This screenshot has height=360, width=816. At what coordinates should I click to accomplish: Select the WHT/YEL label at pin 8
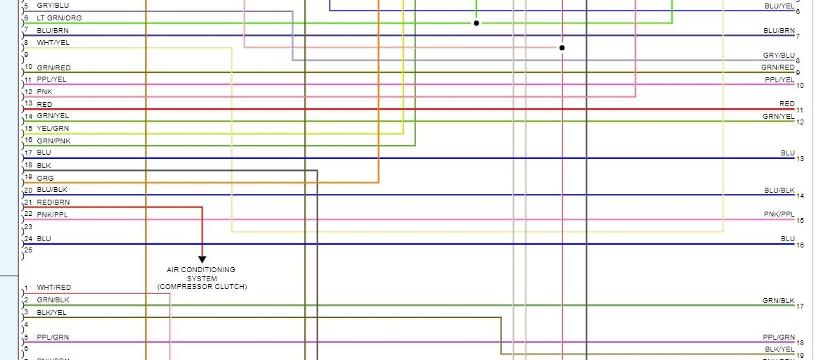[x=53, y=43]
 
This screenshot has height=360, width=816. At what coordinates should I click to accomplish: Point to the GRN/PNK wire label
[x=53, y=141]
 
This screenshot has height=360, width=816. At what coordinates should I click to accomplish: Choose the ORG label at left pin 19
[x=45, y=178]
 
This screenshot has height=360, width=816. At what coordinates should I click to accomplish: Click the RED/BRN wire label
[x=53, y=202]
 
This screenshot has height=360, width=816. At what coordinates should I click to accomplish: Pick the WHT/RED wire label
[x=54, y=288]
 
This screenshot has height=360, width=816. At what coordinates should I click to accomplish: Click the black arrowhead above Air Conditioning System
[x=202, y=259]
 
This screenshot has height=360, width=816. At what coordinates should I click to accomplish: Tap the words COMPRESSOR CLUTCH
[x=202, y=287]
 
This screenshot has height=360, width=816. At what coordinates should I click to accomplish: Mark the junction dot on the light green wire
[x=476, y=23]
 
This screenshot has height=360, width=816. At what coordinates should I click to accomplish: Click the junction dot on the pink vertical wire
[x=562, y=48]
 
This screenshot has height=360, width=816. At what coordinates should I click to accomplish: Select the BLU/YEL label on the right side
[x=779, y=6]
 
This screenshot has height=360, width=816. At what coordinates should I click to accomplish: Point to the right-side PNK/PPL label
[x=779, y=214]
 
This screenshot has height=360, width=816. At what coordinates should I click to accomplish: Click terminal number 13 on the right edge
[x=800, y=159]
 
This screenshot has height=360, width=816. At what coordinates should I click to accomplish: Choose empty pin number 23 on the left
[x=27, y=226]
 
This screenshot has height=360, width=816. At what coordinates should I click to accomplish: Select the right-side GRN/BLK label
[x=779, y=300]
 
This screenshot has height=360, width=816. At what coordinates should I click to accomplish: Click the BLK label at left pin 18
[x=44, y=165]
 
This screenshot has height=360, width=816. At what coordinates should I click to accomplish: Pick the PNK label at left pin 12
[x=44, y=91]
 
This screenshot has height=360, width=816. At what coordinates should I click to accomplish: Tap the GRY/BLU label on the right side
[x=779, y=55]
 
